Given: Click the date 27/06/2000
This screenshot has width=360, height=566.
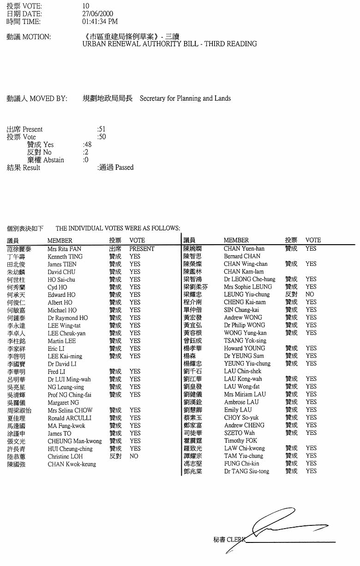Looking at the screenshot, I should [x=97, y=14].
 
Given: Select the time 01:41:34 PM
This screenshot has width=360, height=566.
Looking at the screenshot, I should [x=100, y=21].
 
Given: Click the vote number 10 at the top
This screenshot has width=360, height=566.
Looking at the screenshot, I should [x=85, y=6].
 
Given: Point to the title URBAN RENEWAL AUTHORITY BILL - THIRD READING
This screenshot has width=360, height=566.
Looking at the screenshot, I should [x=169, y=44].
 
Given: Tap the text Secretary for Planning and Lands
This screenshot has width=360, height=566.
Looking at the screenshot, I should [x=185, y=98].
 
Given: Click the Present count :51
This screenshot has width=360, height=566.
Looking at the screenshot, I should [x=102, y=129].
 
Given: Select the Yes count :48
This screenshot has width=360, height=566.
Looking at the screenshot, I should [x=87, y=145].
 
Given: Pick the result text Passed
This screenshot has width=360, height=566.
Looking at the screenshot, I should [x=124, y=168].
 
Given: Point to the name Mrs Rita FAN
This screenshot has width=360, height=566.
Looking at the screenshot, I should [x=64, y=249].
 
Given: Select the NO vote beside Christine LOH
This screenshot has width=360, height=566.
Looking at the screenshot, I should [x=134, y=456].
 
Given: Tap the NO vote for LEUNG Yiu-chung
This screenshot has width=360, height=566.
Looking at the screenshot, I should [x=310, y=294].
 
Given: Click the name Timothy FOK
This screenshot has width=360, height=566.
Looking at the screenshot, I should [x=240, y=440].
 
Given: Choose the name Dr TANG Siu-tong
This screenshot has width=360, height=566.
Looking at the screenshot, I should [x=246, y=471].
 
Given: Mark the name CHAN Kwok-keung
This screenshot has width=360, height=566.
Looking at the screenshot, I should [x=72, y=464].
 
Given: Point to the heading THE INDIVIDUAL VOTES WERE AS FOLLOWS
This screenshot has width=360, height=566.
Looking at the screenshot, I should [x=118, y=228].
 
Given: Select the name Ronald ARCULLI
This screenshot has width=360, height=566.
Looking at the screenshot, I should [x=69, y=418].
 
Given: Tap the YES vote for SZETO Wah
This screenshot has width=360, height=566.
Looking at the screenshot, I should [x=311, y=433].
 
